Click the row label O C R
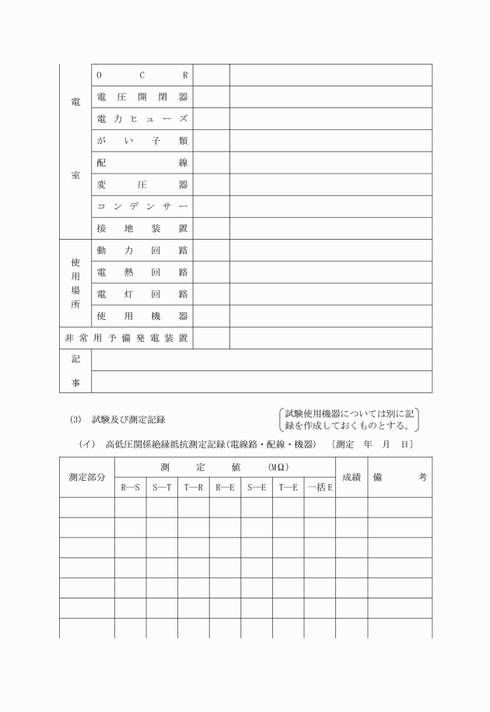click(x=142, y=75)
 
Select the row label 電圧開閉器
click(x=142, y=97)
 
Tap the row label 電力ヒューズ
click(x=142, y=119)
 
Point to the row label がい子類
click(x=142, y=141)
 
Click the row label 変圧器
click(x=142, y=185)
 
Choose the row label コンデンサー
click(x=142, y=207)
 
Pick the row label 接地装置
click(x=142, y=229)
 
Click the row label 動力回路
click(x=142, y=251)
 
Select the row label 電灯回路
click(x=142, y=294)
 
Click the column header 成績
click(x=352, y=477)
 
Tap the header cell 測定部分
click(x=86, y=477)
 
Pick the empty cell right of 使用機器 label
click(x=211, y=317)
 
